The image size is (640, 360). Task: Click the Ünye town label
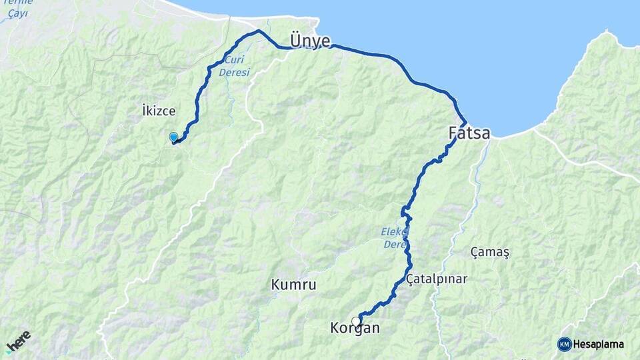(310, 41)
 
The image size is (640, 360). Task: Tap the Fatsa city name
(469, 133)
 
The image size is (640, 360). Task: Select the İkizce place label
(159, 110)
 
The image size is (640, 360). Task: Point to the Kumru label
(293, 285)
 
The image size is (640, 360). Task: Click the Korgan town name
(355, 328)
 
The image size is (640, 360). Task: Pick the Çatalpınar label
(437, 279)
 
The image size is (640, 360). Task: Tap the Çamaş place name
(489, 252)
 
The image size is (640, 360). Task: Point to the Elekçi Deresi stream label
(395, 239)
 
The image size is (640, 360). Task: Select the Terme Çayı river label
(15, 9)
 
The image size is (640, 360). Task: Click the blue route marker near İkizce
(173, 137)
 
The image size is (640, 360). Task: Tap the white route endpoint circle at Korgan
(356, 321)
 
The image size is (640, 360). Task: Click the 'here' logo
(18, 340)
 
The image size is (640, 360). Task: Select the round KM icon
(565, 344)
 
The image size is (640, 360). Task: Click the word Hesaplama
(599, 344)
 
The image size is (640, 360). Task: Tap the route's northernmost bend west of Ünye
(259, 31)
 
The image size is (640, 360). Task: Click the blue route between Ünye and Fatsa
(400, 63)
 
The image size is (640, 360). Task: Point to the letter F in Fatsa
(453, 133)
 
